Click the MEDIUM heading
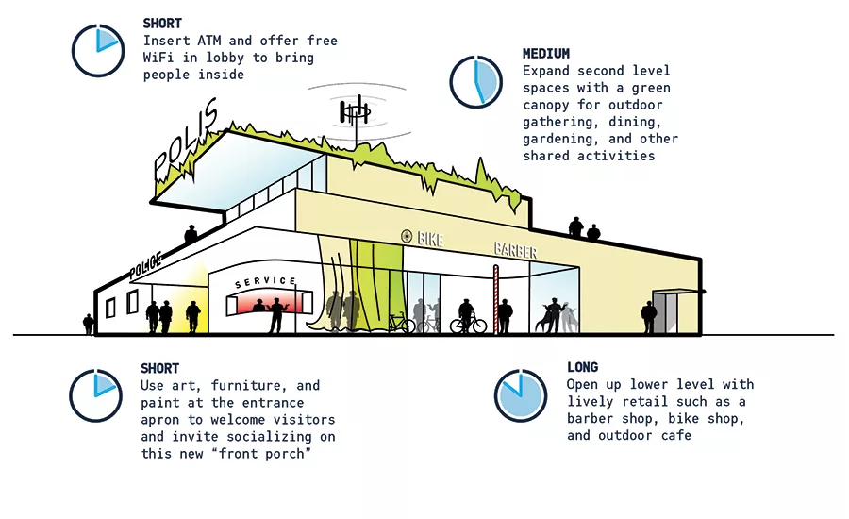(546, 54)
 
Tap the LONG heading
(583, 367)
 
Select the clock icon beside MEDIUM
(476, 82)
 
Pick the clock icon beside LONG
(521, 395)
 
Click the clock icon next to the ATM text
(98, 51)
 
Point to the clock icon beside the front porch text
(96, 396)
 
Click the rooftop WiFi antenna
(356, 114)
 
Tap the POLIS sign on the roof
(186, 140)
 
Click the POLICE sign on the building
(145, 265)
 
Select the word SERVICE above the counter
(265, 282)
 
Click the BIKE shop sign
(430, 239)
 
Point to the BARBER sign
(515, 250)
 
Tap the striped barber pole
(495, 299)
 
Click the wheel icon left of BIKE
(407, 236)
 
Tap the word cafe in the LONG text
(676, 435)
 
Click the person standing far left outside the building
(89, 324)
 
